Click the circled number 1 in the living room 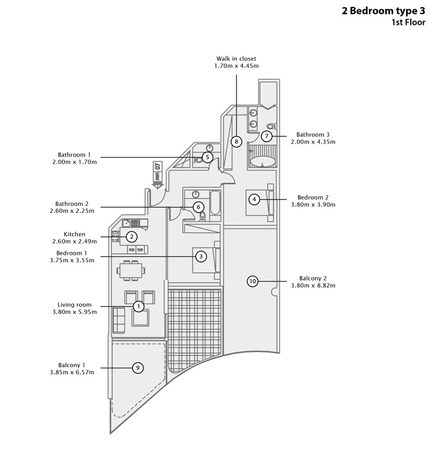click(139, 306)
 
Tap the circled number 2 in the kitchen click(131, 236)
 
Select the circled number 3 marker click(201, 256)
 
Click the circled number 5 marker click(207, 157)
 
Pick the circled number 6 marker click(199, 207)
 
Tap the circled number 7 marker click(267, 136)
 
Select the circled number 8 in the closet click(236, 141)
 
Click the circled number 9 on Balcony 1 click(138, 368)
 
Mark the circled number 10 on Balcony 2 click(252, 281)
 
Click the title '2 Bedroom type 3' click(384, 11)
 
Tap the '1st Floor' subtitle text click(408, 22)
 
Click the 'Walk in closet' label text click(236, 59)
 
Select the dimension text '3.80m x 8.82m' click(313, 285)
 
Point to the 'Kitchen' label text click(75, 234)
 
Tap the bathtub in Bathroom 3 click(262, 161)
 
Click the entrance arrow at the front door click(158, 174)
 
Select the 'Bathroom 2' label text click(74, 204)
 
